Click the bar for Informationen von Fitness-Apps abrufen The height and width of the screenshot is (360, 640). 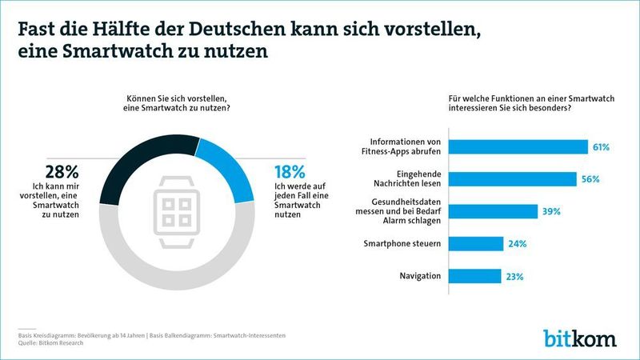(x=518, y=147)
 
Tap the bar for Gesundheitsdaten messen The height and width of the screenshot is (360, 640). (x=493, y=211)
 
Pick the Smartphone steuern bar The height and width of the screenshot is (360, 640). (x=476, y=244)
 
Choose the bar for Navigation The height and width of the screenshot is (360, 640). (x=475, y=276)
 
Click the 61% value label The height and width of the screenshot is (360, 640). (x=601, y=147)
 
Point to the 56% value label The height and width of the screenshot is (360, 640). (x=591, y=179)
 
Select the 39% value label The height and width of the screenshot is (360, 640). (x=551, y=212)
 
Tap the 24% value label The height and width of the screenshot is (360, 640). (x=517, y=244)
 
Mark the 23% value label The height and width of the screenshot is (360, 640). (x=514, y=277)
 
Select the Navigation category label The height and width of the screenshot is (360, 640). (x=422, y=277)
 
